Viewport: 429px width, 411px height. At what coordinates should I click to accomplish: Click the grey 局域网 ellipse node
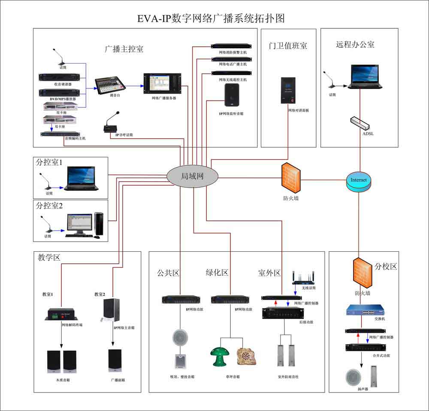tap(193, 176)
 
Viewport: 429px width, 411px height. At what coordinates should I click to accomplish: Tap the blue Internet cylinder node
tap(359, 180)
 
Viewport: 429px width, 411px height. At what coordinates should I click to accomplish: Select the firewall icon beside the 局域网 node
tap(291, 177)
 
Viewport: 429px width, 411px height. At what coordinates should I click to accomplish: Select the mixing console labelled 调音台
tap(109, 84)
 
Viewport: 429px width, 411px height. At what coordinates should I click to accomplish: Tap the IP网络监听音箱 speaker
tap(232, 94)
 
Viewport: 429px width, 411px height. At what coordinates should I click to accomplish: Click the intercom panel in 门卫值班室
tap(288, 90)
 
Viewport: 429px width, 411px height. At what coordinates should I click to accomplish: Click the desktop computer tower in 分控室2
tap(99, 224)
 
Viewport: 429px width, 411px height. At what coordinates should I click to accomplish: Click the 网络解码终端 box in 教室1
tap(60, 315)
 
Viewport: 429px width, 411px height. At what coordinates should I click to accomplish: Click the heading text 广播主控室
tap(124, 49)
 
